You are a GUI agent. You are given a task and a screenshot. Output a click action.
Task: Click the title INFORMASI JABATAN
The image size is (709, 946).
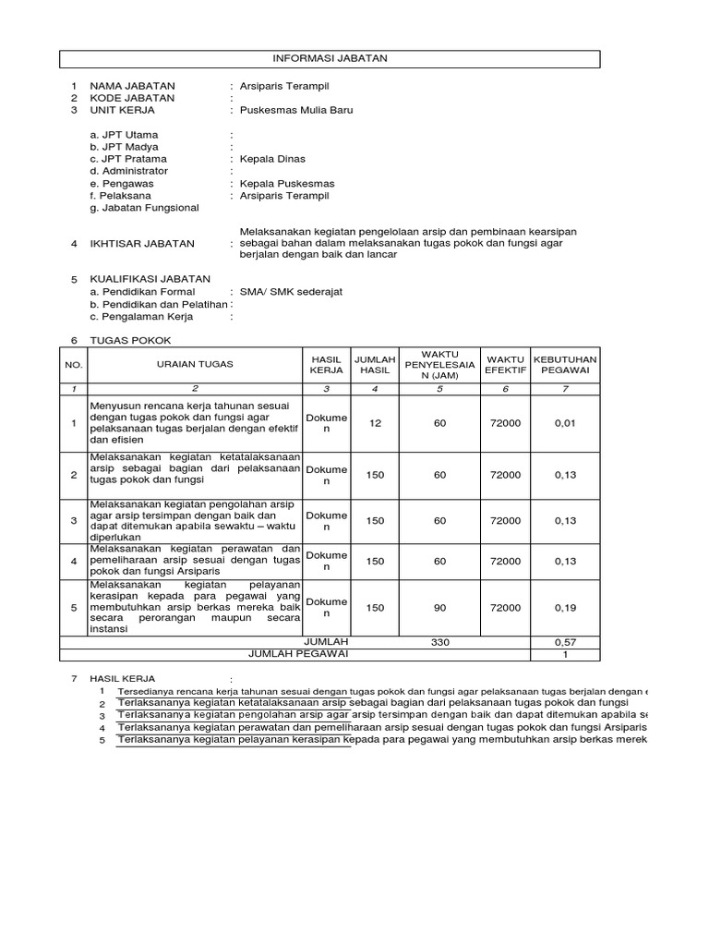click(330, 58)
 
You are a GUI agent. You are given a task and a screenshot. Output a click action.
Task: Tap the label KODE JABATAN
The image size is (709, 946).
click(131, 98)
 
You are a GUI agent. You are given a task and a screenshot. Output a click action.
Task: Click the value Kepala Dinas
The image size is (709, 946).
click(272, 159)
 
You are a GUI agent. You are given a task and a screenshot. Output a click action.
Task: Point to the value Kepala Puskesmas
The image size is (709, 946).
click(287, 184)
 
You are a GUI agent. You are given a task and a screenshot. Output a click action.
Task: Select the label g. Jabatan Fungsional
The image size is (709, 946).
click(144, 208)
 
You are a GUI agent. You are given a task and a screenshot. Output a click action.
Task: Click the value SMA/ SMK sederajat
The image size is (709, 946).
click(291, 291)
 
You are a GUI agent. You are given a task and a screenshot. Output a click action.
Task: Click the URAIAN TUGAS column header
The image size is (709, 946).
click(195, 364)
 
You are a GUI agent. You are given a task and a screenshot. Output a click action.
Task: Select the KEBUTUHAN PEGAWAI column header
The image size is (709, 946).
click(566, 364)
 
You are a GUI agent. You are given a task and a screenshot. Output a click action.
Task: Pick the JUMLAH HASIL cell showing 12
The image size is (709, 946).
click(375, 423)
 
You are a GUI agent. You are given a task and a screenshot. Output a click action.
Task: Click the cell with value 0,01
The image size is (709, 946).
click(565, 423)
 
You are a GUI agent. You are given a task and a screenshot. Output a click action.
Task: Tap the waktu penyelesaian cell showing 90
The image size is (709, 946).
click(439, 608)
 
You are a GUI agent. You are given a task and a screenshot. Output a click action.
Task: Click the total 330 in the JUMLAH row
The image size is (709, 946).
click(439, 641)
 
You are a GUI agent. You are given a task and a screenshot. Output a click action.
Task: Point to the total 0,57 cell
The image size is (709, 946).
click(565, 641)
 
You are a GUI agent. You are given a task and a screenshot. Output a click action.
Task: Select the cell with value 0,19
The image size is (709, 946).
click(565, 608)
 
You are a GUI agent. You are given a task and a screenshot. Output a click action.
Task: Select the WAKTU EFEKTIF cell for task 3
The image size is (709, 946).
click(505, 521)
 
